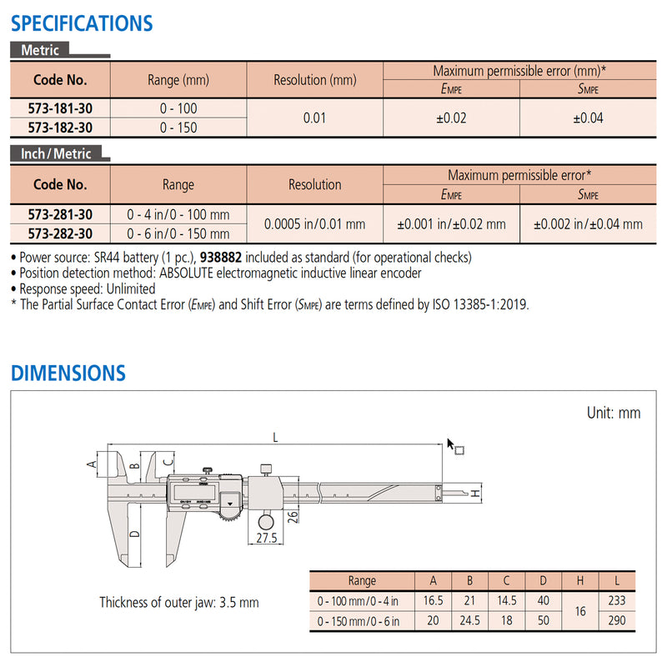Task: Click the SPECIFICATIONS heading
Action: (82, 23)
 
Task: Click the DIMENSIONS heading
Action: (68, 373)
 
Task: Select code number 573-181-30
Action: (60, 108)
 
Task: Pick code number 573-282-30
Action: (60, 234)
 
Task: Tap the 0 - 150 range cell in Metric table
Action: (178, 128)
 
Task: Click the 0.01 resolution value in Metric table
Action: (314, 118)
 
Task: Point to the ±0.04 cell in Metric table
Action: (588, 118)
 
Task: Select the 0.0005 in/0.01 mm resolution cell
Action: (314, 224)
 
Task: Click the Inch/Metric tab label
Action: (57, 154)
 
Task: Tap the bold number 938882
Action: (221, 258)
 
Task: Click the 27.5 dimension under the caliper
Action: (266, 539)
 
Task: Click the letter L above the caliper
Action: (274, 436)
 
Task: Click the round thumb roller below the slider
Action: (267, 521)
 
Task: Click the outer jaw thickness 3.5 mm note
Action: (178, 602)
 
